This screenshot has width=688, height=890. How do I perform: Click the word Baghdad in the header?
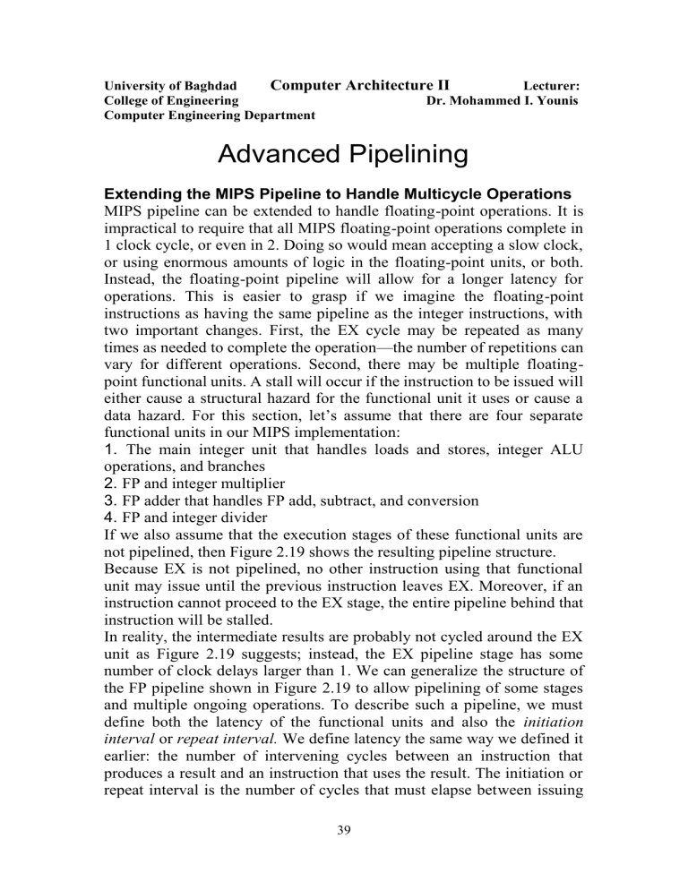coord(197,87)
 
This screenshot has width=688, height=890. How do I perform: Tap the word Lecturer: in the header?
coord(551,87)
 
